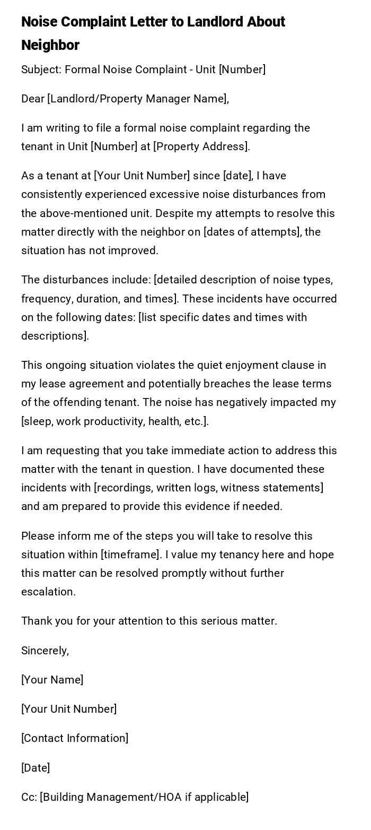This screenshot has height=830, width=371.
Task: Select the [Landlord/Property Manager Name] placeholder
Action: tap(137, 99)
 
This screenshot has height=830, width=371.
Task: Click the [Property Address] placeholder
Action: tap(201, 146)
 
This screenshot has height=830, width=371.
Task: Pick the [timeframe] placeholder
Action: tap(130, 555)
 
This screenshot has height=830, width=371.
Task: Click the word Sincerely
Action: tap(45, 651)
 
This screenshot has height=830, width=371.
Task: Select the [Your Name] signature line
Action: tap(52, 680)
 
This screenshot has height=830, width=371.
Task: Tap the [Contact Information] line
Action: tap(75, 738)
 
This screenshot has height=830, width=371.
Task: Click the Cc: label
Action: tap(29, 797)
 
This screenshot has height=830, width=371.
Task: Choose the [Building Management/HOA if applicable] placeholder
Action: tap(144, 797)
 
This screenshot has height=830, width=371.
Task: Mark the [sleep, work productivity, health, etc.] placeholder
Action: tap(114, 421)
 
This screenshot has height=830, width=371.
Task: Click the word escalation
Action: tap(48, 592)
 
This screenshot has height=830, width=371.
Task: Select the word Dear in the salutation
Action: tap(32, 99)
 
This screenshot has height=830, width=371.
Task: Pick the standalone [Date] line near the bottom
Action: tap(36, 768)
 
